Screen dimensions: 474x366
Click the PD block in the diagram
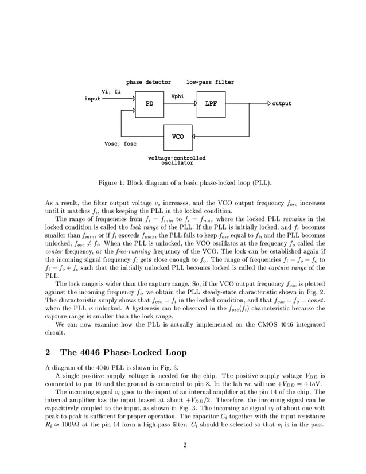coord(149,104)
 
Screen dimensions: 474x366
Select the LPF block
coord(211,104)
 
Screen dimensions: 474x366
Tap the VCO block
coord(178,137)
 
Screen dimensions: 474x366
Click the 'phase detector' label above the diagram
coord(148,83)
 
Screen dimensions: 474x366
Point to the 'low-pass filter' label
coord(210,83)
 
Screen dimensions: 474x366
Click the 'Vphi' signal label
coord(177,96)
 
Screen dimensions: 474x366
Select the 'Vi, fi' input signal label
coord(111,91)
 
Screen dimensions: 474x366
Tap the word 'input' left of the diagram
coord(92,99)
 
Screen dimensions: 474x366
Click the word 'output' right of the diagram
coord(282,104)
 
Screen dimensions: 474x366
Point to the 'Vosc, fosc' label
coord(120,144)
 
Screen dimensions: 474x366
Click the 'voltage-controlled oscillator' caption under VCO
coord(177,160)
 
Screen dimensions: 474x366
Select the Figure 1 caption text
coord(185,183)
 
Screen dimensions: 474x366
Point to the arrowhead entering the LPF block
coord(195,104)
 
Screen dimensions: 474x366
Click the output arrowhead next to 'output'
coord(269,104)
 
